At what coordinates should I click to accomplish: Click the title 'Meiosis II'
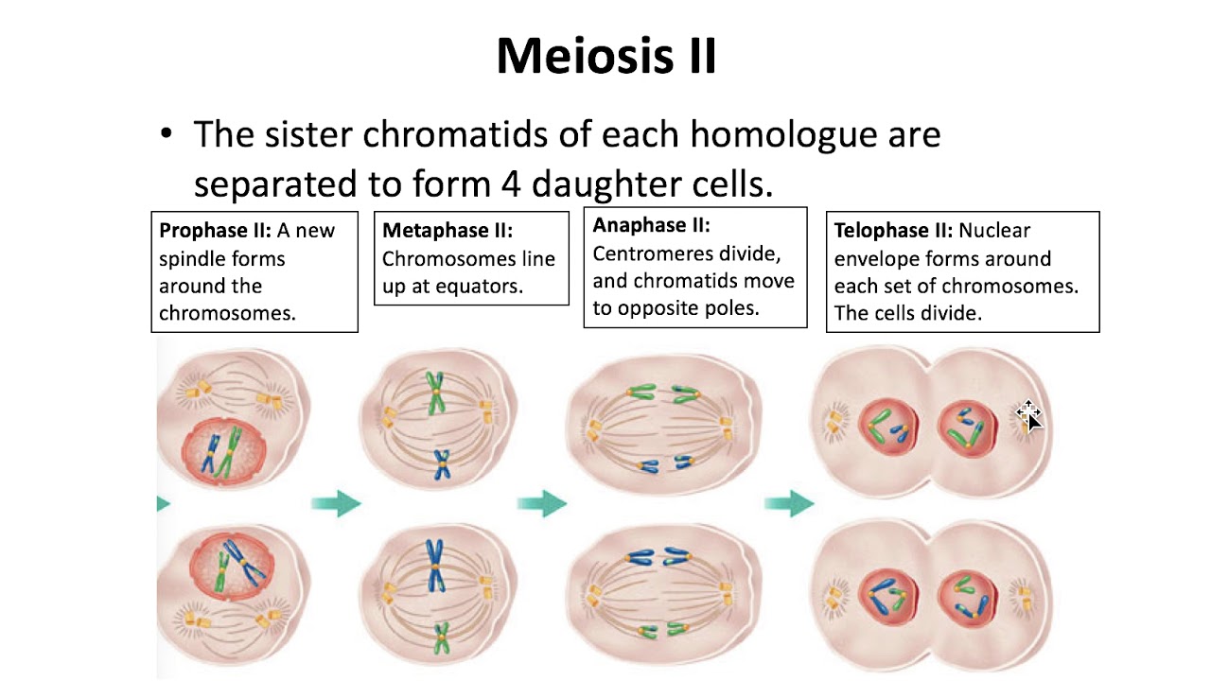click(605, 57)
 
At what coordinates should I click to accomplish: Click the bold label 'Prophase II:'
click(215, 231)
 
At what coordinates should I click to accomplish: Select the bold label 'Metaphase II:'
click(448, 231)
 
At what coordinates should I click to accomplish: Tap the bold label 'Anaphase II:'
click(651, 225)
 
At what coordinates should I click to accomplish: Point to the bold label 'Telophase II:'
click(894, 231)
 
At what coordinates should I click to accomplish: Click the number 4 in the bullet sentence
click(511, 183)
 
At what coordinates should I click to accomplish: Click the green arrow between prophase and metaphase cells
click(336, 502)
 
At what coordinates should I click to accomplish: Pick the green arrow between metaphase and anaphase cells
click(542, 502)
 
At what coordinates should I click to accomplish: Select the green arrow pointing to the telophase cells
click(789, 502)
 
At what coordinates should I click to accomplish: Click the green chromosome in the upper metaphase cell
click(434, 393)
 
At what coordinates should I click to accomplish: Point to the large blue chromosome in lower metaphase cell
click(434, 565)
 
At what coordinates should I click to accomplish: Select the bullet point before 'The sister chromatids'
click(167, 136)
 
